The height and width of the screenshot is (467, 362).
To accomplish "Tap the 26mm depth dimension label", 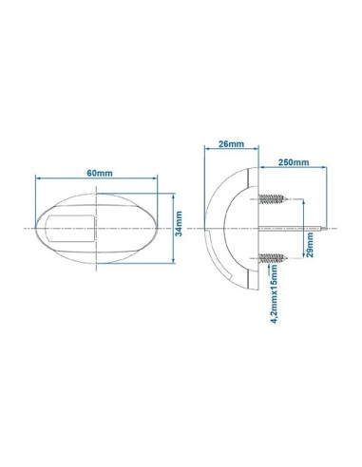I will (x=229, y=145).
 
